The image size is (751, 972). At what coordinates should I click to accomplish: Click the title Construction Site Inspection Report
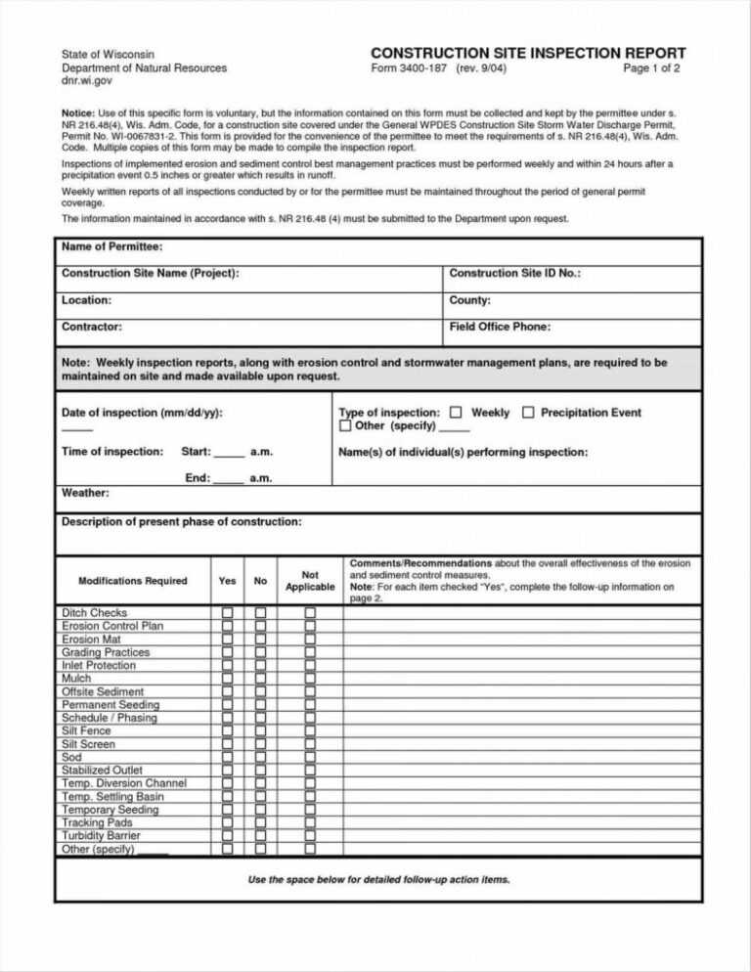pos(528,53)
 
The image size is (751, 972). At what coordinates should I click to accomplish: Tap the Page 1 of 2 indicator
pos(650,69)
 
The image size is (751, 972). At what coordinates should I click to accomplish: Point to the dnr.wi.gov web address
pos(87,82)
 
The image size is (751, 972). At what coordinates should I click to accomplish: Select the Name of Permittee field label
pos(111,246)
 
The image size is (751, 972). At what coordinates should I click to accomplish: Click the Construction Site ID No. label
pos(514,274)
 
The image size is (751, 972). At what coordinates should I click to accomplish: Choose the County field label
pos(469,300)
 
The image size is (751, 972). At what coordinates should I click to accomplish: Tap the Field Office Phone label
pos(500,327)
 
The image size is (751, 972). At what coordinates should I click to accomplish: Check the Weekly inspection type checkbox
pos(456,413)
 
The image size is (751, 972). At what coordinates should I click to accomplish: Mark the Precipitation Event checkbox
pos(528,413)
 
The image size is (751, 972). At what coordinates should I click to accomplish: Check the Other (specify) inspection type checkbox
pos(345,426)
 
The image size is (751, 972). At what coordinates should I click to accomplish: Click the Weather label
pos(85,493)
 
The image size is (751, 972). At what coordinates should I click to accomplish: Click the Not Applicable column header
pos(309,581)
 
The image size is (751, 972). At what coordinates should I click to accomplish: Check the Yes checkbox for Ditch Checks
pos(227,613)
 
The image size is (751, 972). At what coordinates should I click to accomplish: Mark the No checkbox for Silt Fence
pos(261,731)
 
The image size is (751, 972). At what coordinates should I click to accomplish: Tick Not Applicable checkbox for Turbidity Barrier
pos(310,837)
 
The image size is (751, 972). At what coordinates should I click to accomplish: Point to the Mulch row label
pos(76,678)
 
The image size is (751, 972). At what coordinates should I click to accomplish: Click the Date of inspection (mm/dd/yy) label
pos(142,413)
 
